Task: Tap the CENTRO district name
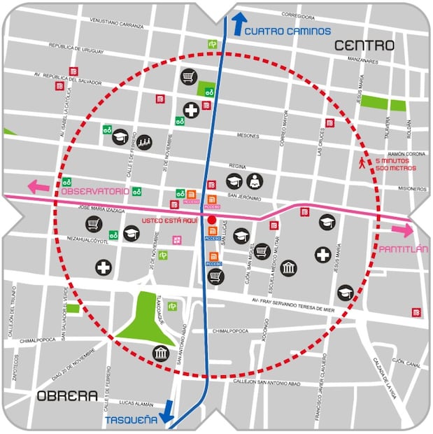click(364, 46)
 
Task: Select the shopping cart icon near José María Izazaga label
click(94, 224)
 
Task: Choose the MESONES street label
click(248, 136)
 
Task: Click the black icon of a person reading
click(254, 181)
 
